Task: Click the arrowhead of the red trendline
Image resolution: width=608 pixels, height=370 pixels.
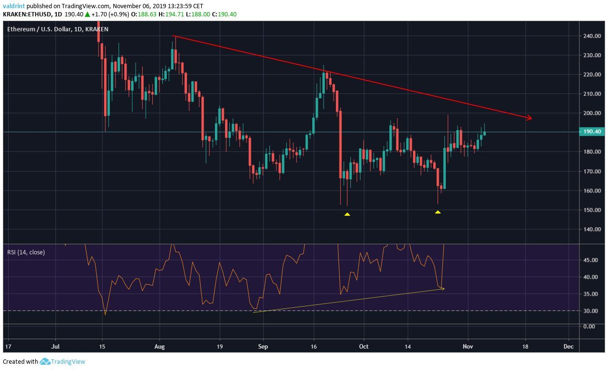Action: point(529,118)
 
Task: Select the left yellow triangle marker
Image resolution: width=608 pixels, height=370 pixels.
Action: point(347,214)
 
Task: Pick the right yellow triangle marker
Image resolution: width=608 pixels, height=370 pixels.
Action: point(437,211)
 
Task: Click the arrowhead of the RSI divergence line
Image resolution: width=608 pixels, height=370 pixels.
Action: point(442,289)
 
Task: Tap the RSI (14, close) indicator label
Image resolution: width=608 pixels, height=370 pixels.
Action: point(26,252)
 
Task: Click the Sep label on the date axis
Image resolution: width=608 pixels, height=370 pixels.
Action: point(263,346)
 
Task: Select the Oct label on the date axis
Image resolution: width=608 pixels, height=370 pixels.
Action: point(364,346)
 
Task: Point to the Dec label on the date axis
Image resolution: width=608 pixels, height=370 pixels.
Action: point(568,346)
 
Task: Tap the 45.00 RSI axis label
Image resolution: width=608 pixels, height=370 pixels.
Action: point(590,260)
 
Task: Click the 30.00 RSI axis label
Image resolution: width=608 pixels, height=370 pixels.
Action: point(590,311)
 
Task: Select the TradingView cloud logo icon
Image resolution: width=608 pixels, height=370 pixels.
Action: point(45,361)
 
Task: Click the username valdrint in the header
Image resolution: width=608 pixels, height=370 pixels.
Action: point(13,6)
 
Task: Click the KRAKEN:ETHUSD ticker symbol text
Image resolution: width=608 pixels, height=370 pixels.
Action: point(26,14)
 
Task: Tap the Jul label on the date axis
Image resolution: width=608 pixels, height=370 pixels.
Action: point(55,346)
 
